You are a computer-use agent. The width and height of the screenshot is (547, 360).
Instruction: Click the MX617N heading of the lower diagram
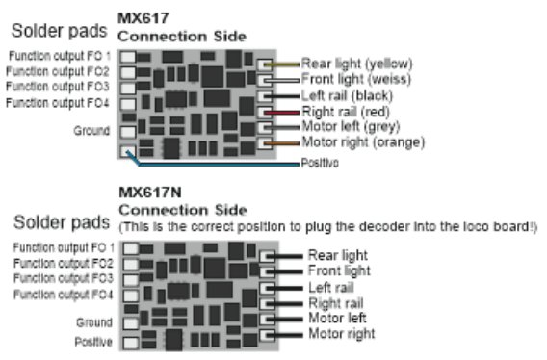point(143,193)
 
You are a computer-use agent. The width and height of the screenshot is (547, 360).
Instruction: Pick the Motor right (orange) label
point(362,143)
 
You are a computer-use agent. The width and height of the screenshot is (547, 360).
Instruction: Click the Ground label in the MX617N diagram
point(93,322)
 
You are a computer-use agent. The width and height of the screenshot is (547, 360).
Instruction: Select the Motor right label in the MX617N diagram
point(341,334)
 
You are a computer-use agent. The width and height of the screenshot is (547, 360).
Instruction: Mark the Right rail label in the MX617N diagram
point(335,302)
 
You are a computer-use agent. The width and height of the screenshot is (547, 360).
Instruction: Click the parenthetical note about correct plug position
point(327,226)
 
